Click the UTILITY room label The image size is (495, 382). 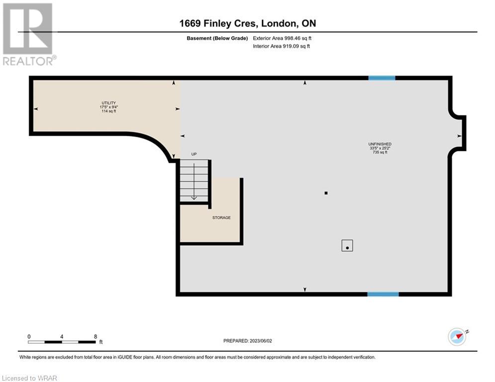pos(108,103)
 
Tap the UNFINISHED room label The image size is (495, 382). pos(380,144)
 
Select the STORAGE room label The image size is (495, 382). pos(221,217)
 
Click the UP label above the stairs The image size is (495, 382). pos(194,154)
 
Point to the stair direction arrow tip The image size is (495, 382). pos(194,199)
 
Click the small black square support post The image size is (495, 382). pos(326,193)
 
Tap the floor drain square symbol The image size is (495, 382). pos(347,246)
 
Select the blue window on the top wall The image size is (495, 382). pos(382,78)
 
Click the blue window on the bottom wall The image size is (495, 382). pos(383,294)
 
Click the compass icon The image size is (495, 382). pos(457,337)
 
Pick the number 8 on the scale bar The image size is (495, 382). pos(96,337)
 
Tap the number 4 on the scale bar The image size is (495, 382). pos(62,337)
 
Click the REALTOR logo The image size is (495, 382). pos(29,34)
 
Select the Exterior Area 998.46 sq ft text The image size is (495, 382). pos(282,38)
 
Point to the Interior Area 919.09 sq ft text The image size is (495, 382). pos(281,46)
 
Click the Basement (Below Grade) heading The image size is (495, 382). pos(217,38)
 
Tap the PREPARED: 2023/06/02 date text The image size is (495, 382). pos(248,341)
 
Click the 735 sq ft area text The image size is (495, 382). pos(380,152)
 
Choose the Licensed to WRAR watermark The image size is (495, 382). pos(30,378)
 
